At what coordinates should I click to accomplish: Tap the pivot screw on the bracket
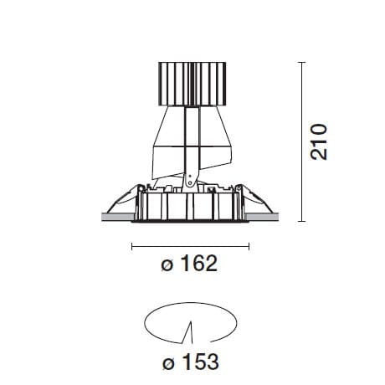coord(190,177)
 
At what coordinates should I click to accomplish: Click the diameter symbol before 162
coord(167,266)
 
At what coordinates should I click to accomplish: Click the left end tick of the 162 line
coord(132,246)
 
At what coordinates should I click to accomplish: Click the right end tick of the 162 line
coord(249,246)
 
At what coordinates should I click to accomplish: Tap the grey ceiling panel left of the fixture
coord(116,218)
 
